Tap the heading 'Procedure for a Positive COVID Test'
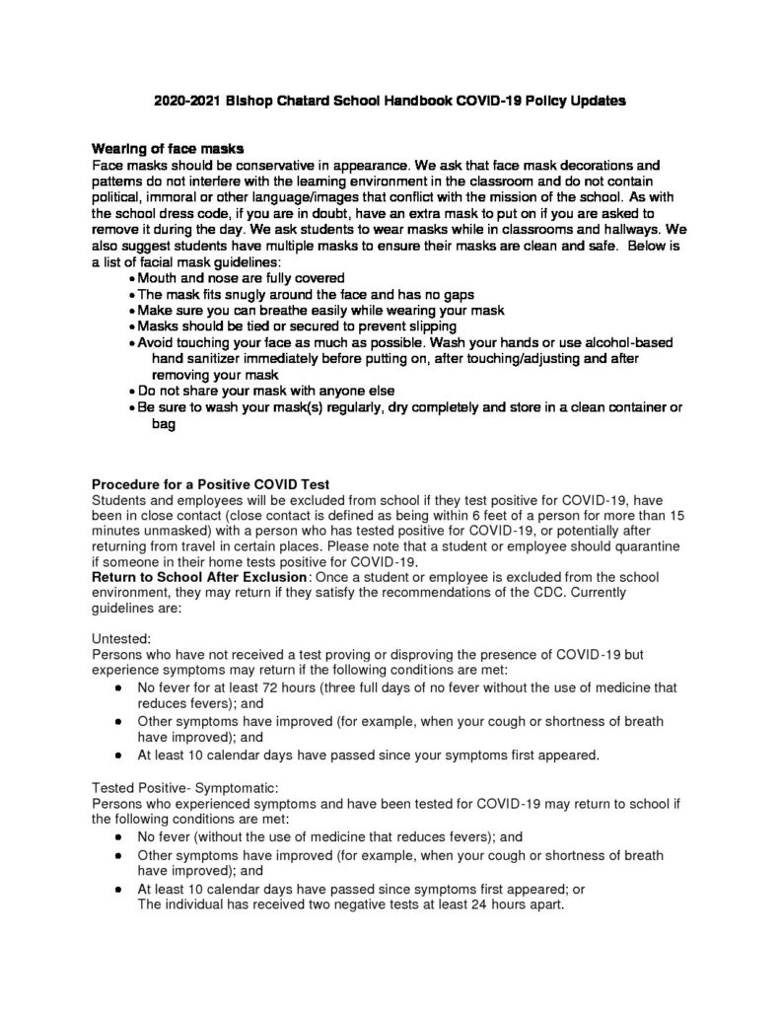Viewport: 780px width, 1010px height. pyautogui.click(x=210, y=484)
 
